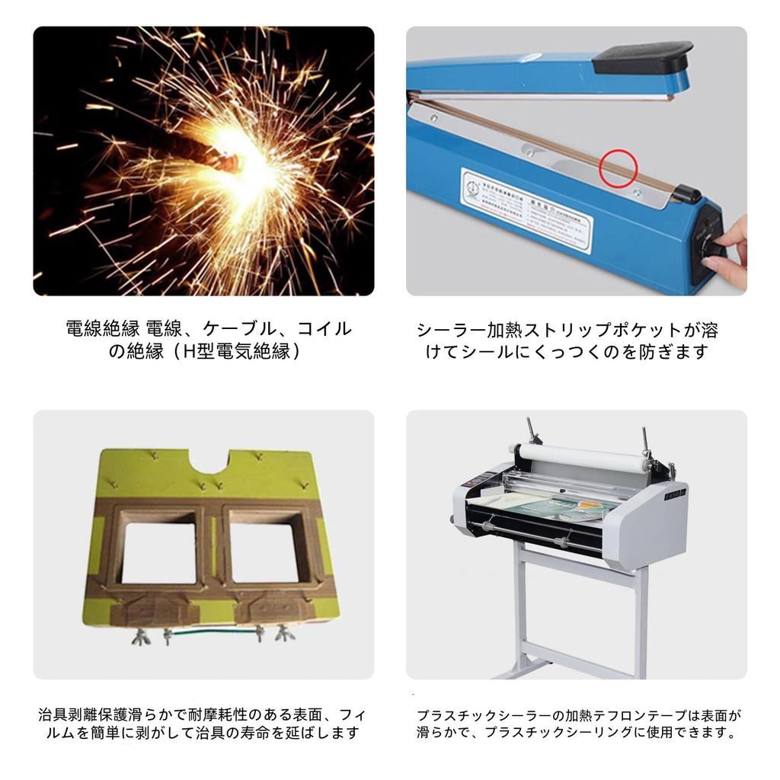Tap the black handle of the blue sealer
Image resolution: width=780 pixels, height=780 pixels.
[642, 58]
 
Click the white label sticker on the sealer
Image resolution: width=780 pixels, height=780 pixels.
[526, 209]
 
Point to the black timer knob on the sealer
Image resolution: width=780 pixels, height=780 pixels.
[715, 249]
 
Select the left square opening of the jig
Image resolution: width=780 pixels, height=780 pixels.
[158, 552]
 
